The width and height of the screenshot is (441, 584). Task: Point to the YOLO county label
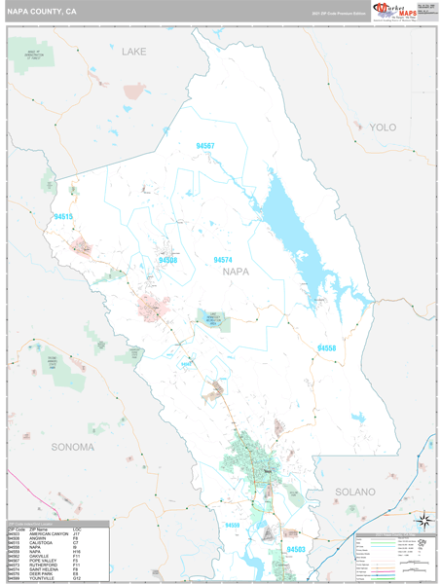(x=383, y=128)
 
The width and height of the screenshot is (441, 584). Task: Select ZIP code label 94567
(x=204, y=146)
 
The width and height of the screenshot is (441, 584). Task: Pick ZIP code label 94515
(x=63, y=216)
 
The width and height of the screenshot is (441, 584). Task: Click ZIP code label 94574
(x=223, y=260)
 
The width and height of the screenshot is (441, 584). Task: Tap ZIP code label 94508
(x=167, y=261)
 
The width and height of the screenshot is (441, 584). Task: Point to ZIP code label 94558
(x=326, y=348)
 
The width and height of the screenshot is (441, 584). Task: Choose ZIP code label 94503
(x=295, y=550)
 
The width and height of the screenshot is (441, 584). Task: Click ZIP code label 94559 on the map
(x=232, y=526)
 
